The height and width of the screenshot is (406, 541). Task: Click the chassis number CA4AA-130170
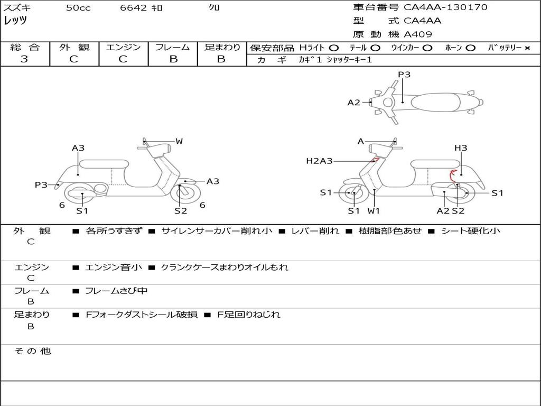[445, 7]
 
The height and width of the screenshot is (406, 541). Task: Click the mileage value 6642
[134, 8]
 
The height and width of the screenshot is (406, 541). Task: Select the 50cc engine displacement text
[78, 8]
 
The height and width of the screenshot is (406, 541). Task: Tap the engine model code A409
[418, 34]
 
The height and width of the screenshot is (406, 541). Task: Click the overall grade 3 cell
[24, 59]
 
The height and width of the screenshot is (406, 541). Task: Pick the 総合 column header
[24, 48]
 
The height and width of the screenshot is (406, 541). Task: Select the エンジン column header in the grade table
[123, 48]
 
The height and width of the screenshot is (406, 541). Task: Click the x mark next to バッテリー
[527, 48]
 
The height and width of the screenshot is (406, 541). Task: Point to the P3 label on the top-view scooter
[404, 75]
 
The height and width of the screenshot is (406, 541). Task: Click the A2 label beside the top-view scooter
[353, 103]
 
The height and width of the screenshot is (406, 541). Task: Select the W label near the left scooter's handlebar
[179, 141]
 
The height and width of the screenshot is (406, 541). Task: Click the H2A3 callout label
[319, 161]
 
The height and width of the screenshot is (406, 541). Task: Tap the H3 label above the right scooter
[461, 148]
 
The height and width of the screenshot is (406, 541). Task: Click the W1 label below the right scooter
[374, 211]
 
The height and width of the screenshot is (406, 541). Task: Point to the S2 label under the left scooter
[181, 211]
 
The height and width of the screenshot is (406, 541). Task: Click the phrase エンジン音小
[114, 267]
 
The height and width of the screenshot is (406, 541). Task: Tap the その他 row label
[32, 351]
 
